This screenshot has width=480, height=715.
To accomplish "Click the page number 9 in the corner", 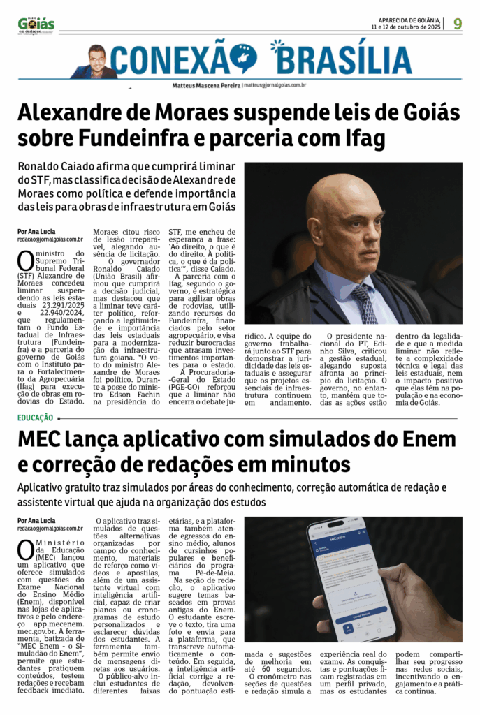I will click(458, 23).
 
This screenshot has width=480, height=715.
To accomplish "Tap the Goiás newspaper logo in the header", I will click(36, 25).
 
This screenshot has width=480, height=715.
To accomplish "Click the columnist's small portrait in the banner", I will click(96, 61).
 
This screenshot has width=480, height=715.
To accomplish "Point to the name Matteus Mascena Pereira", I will click(206, 85).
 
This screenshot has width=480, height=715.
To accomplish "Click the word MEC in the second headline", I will click(41, 441).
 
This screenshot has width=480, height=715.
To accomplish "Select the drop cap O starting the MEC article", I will click(25, 550).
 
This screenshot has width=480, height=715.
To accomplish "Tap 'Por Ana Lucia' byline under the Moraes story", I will click(36, 231).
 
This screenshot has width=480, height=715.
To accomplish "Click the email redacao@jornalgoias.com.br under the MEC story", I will click(50, 529).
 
